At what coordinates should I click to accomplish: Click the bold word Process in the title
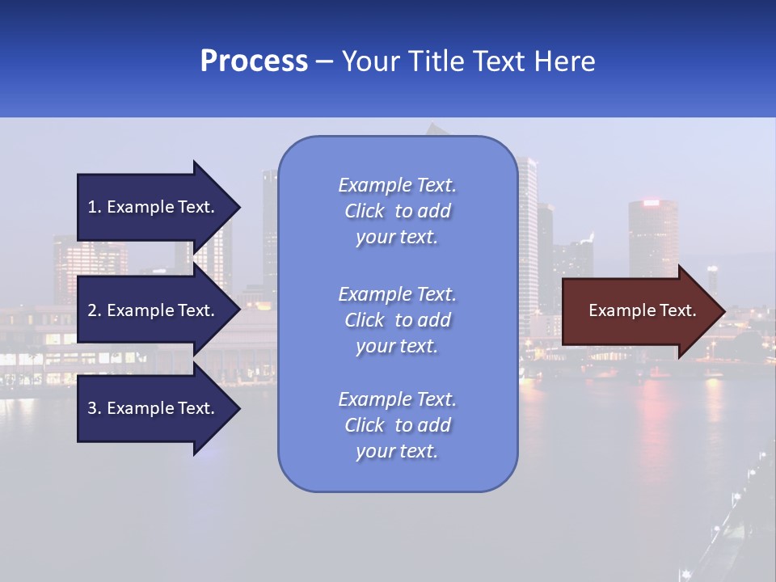(254, 61)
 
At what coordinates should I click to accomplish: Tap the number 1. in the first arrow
(95, 207)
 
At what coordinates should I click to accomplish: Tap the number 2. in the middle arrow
(95, 310)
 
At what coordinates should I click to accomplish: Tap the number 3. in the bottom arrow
(95, 408)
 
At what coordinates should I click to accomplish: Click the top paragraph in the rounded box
(397, 211)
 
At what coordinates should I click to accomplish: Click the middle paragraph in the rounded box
(397, 320)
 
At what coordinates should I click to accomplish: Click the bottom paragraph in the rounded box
(397, 425)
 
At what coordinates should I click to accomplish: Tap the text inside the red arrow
(642, 310)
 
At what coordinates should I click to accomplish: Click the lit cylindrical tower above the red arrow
(653, 234)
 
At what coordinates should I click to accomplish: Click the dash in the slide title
(324, 62)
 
